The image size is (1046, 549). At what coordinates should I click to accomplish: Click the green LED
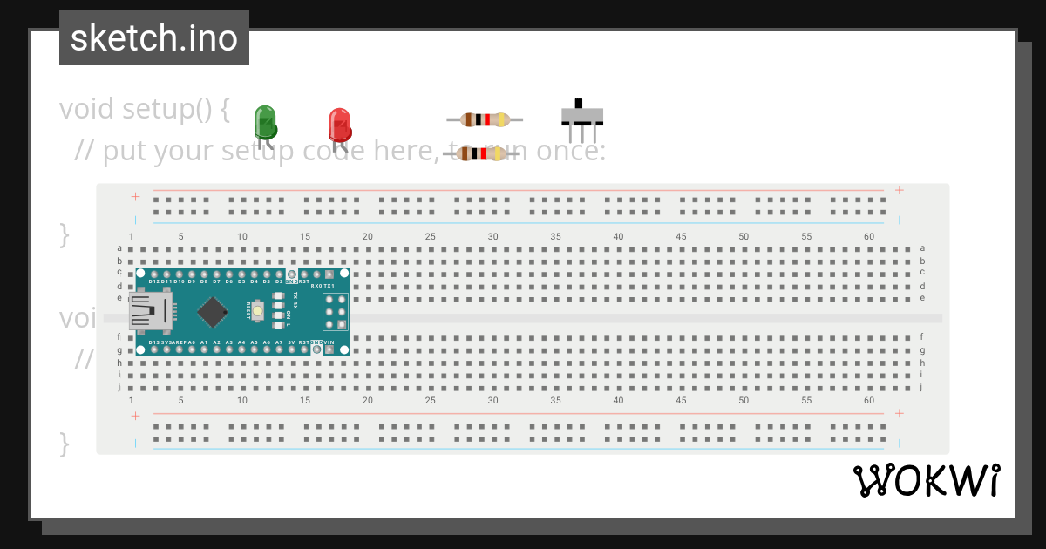[x=265, y=122]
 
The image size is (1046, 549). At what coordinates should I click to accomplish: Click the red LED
[x=339, y=125]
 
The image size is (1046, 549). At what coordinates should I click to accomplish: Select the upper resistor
[x=485, y=120]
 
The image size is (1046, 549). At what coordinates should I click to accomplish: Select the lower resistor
[x=481, y=154]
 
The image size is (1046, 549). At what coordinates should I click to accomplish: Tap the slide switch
[x=581, y=116]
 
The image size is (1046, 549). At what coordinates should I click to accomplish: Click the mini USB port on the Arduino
[x=149, y=311]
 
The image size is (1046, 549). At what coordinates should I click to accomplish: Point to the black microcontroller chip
[x=214, y=312]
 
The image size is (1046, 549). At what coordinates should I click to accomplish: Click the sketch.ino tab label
[x=154, y=38]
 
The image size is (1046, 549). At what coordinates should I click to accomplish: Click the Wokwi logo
[x=926, y=481]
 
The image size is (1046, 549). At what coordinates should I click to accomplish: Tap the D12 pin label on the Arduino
[x=153, y=281]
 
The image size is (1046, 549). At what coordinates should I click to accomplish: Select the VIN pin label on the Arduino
[x=329, y=342]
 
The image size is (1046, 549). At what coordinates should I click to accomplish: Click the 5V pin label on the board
[x=291, y=342]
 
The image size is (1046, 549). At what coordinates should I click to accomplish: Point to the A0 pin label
[x=191, y=342]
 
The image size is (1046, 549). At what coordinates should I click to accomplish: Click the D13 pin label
[x=153, y=342]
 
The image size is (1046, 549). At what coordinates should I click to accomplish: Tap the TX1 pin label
[x=329, y=285]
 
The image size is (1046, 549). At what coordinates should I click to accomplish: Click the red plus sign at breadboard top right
[x=899, y=190]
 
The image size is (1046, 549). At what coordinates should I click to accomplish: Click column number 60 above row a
[x=869, y=236]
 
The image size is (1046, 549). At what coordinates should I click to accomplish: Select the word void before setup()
[x=87, y=110]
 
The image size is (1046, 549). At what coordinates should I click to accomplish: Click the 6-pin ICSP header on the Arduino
[x=336, y=311]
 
